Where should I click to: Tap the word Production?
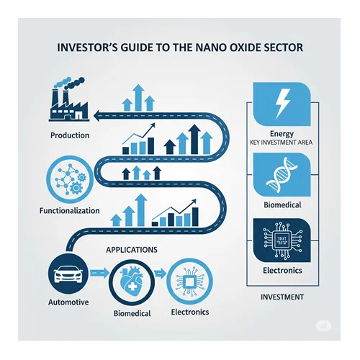coord(70,135)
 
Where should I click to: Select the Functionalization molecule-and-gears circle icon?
coord(70,179)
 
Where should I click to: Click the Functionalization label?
coord(69,211)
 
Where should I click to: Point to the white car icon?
coord(68,274)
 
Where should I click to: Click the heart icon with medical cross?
coord(131,281)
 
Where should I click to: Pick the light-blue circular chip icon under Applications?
coord(189,282)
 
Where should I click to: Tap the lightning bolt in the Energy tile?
coord(282,103)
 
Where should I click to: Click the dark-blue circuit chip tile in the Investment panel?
coord(282,240)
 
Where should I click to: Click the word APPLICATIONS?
coord(132,250)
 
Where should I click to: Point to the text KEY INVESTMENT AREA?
coord(281,143)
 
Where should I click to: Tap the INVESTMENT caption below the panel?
coord(282,297)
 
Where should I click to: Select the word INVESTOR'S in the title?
coord(87,48)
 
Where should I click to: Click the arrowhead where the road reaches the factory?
coord(96,116)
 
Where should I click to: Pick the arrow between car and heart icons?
coord(99,273)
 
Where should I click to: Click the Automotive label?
coord(68,302)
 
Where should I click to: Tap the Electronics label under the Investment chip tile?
coord(282,271)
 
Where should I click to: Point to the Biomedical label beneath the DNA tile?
coord(282,205)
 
